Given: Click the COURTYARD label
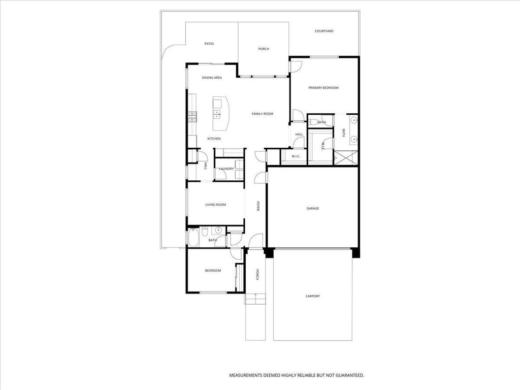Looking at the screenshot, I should click(x=323, y=31).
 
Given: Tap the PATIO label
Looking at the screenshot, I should click(x=209, y=44).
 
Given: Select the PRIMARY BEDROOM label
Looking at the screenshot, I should click(x=323, y=88).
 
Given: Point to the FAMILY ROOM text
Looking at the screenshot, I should click(x=263, y=114).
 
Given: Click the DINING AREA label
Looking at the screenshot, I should click(x=212, y=78).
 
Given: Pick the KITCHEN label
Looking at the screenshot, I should click(x=214, y=139).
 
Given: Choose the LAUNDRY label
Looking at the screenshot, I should click(x=226, y=169).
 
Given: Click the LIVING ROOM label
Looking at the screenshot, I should click(x=215, y=205).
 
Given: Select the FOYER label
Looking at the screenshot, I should click(x=258, y=206).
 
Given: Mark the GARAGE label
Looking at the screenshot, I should click(x=312, y=208).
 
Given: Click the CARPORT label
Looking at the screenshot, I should click(x=313, y=296).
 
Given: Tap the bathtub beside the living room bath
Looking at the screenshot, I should click(x=193, y=237).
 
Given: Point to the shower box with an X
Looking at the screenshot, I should click(x=347, y=157).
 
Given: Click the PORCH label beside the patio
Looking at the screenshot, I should click(x=264, y=49).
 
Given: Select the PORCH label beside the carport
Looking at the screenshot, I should click(x=258, y=275).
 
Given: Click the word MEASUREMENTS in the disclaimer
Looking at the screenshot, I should click(x=245, y=375).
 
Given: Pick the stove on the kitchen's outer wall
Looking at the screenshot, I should click(x=192, y=117).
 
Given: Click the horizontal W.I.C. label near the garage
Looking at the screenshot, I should click(x=296, y=156).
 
